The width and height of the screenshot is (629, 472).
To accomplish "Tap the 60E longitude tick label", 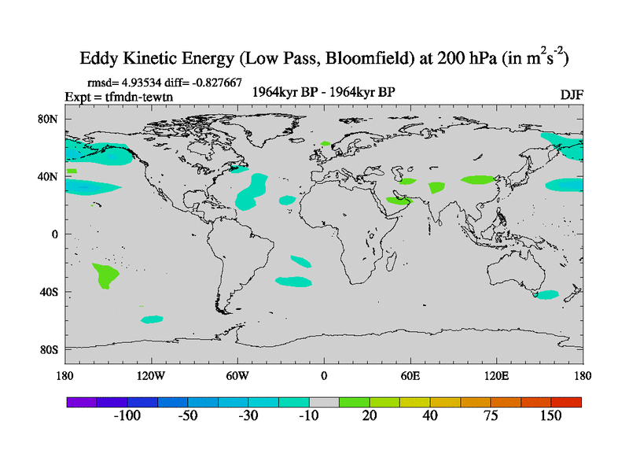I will [x=410, y=375].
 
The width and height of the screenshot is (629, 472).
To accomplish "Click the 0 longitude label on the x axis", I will [x=323, y=375].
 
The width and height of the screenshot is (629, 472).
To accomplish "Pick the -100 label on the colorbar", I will [x=127, y=416].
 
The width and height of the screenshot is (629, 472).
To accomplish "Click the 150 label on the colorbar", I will [x=550, y=416].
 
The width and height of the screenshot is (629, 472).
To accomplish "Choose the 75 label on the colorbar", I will [x=490, y=416].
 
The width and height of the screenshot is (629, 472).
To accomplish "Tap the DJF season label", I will [x=572, y=94].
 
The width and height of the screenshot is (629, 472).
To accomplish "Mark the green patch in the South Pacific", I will [x=106, y=275].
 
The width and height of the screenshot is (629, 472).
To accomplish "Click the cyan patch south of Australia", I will [x=546, y=294].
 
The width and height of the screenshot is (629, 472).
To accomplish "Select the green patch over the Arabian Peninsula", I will [x=399, y=200].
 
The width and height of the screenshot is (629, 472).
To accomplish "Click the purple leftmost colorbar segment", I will [x=82, y=401].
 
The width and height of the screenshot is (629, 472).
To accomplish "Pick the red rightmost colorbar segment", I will [x=566, y=401].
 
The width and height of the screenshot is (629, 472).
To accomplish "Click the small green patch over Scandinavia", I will [x=326, y=143].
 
